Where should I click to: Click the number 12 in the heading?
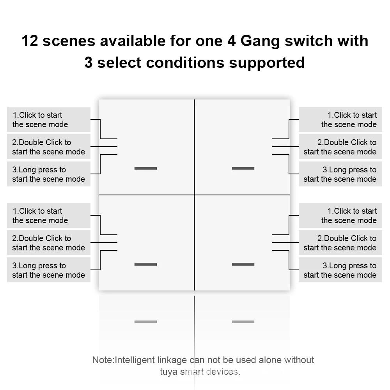pos(30,41)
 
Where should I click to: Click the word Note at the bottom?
pos(102,360)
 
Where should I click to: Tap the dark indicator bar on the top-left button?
pos(145,168)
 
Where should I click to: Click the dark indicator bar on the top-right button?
pos(243,168)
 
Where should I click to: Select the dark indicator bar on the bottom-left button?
pos(145,264)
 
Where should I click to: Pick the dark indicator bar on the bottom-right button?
pos(243,264)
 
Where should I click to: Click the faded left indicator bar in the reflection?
pos(145,322)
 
